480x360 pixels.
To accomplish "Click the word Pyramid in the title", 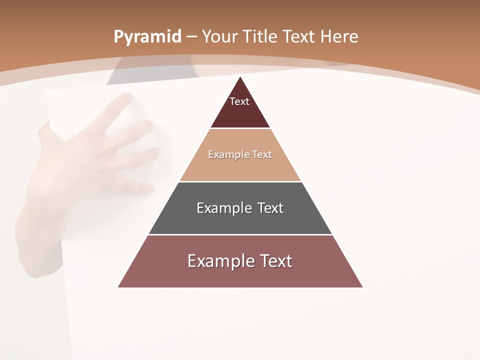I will click(x=147, y=36).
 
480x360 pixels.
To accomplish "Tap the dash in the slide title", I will click(x=191, y=37).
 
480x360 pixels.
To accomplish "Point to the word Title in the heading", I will click(x=259, y=36).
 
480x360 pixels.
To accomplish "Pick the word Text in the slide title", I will click(x=299, y=36).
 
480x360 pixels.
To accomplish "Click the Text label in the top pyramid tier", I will click(x=239, y=101).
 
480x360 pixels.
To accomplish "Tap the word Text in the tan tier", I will click(x=262, y=154).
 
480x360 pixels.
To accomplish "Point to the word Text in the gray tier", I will click(x=270, y=208).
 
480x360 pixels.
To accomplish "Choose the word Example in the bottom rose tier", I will click(x=220, y=261).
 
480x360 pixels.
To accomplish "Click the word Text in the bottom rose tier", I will click(x=275, y=261).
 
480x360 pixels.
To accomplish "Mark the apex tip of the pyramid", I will click(x=240, y=77).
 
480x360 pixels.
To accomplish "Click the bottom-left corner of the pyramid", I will click(x=118, y=287).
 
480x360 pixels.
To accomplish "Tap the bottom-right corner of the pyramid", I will click(x=363, y=287).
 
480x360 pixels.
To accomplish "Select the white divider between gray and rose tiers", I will click(x=240, y=234).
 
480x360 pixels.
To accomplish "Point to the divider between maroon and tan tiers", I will click(x=240, y=128).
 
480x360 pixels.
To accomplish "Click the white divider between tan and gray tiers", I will click(x=240, y=181).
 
